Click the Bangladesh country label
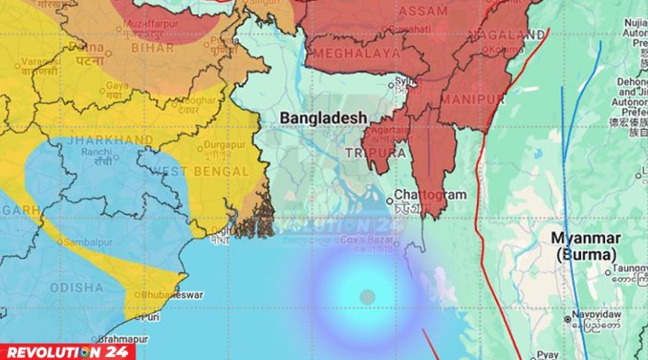click(323, 118)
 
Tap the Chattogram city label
click(430, 195)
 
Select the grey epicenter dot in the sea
click(366, 297)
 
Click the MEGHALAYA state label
click(356, 54)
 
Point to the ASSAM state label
click(423, 11)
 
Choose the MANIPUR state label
click(472, 99)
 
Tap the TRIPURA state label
click(375, 153)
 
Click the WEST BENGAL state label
click(200, 171)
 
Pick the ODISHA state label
click(77, 287)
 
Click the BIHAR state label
click(152, 48)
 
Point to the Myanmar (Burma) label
click(586, 245)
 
